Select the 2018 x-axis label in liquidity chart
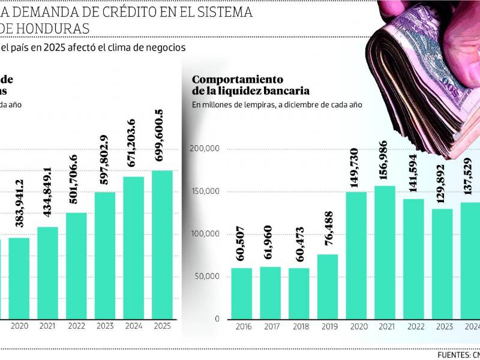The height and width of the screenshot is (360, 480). pos(299,327)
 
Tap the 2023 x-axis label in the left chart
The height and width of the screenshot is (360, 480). pos(104,327)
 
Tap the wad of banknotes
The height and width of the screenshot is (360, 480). pos(426,72)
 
